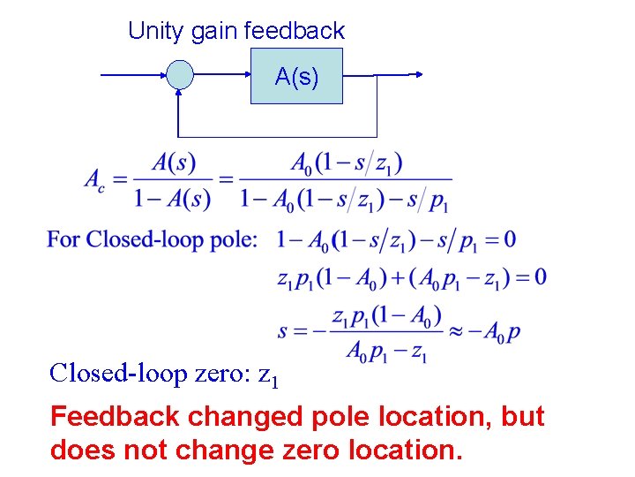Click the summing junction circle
(180, 76)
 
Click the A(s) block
(296, 77)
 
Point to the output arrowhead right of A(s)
(417, 76)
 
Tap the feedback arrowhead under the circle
(180, 95)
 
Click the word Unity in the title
(153, 31)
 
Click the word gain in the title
(212, 31)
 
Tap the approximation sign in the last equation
(452, 332)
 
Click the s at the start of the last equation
(283, 332)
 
